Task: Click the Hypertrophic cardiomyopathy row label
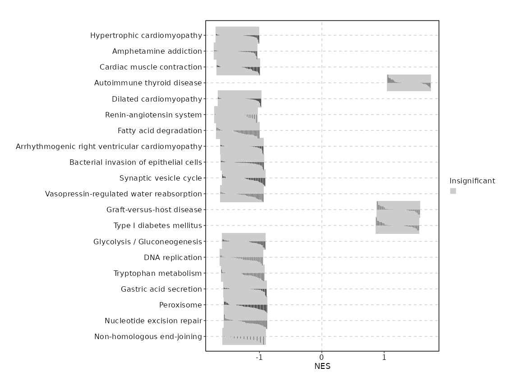[146, 36]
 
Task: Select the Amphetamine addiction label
[157, 51]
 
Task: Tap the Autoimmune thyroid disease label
[148, 83]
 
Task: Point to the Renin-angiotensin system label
[153, 115]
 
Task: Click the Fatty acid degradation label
[160, 131]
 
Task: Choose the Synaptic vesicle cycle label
[161, 178]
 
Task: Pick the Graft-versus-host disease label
[154, 210]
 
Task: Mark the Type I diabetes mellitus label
[158, 226]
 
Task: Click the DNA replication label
[173, 258]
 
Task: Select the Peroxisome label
[180, 305]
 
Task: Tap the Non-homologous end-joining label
[148, 337]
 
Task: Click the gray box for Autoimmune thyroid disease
[409, 83]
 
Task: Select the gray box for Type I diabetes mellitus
[397, 226]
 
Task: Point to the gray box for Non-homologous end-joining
[244, 337]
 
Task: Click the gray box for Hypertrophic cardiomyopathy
[237, 36]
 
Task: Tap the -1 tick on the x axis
[259, 358]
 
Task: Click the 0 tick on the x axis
[322, 358]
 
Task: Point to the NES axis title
[322, 367]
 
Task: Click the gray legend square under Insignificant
[453, 191]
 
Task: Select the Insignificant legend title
[472, 181]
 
